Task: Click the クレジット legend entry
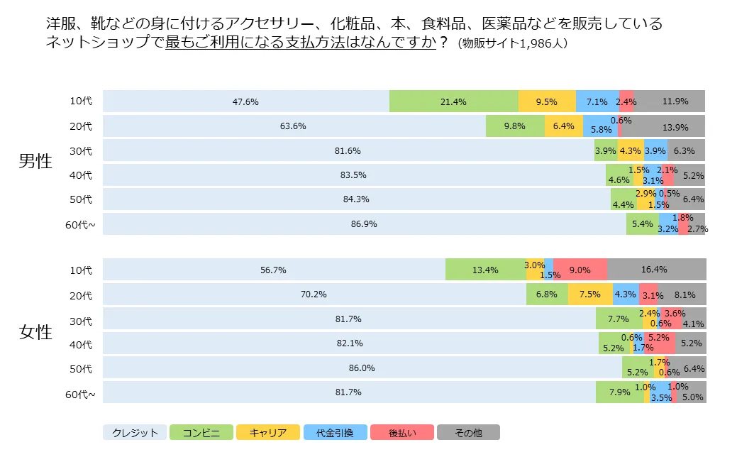135,432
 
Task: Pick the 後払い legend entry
402,432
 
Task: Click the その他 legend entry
468,432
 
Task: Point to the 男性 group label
35,161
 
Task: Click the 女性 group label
35,331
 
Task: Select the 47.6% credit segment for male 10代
245,101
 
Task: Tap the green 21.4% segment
453,101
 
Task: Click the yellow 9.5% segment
546,101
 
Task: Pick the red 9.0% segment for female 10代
580,270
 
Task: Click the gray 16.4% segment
656,270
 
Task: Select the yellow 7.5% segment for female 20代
589,294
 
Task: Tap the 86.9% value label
364,224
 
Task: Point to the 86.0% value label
362,368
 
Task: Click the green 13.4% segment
485,270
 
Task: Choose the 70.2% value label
314,294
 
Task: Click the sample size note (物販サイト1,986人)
512,43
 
